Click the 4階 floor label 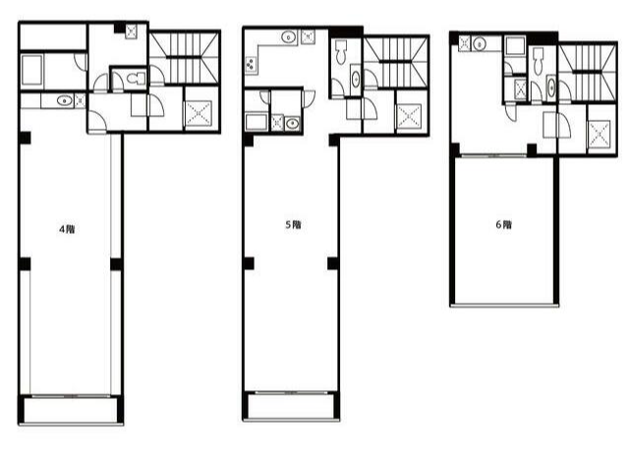click(67, 229)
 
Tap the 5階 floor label click(293, 225)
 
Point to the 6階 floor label click(503, 224)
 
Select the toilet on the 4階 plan click(136, 78)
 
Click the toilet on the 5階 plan click(341, 52)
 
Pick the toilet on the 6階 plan click(539, 61)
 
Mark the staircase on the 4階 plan click(185, 58)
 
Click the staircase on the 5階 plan click(396, 61)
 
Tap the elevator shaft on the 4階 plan click(199, 113)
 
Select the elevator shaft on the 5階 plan click(409, 116)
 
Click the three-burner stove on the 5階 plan click(251, 65)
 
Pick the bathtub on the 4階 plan click(32, 71)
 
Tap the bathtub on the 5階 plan click(257, 122)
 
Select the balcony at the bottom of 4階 click(71, 409)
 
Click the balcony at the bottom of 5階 click(291, 406)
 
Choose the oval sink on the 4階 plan click(64, 100)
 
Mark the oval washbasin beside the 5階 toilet click(356, 80)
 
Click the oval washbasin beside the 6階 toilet click(551, 87)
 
